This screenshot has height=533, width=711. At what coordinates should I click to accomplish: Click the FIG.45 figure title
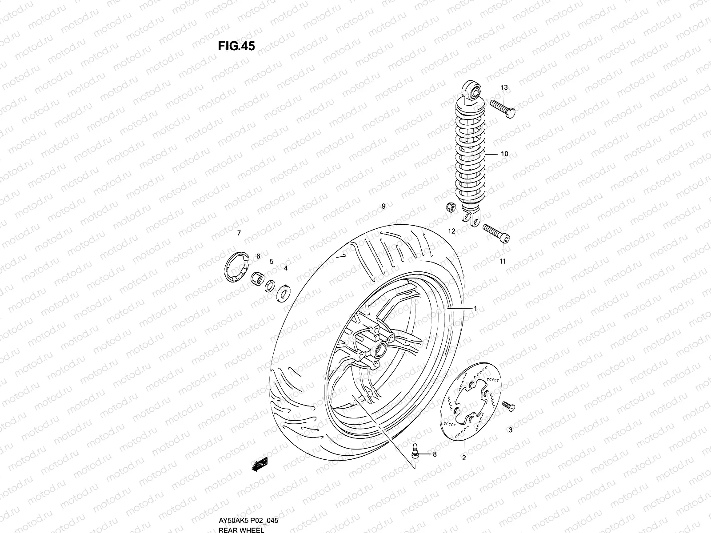236,46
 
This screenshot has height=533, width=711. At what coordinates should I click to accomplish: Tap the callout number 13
504,88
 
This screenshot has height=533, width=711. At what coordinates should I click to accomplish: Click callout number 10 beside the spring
504,154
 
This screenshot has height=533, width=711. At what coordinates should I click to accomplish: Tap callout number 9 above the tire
383,206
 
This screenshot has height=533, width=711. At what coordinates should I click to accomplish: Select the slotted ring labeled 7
235,266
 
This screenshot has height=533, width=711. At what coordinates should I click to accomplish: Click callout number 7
239,233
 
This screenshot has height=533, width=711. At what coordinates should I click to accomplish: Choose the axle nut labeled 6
256,278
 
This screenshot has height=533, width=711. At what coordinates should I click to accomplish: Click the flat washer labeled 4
282,293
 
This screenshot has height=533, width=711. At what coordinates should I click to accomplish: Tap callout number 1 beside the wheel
475,308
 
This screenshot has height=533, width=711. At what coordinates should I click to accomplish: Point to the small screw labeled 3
508,405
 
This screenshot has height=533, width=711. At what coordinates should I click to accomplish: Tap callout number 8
435,454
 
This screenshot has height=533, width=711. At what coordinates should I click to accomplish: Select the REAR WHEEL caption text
241,529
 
